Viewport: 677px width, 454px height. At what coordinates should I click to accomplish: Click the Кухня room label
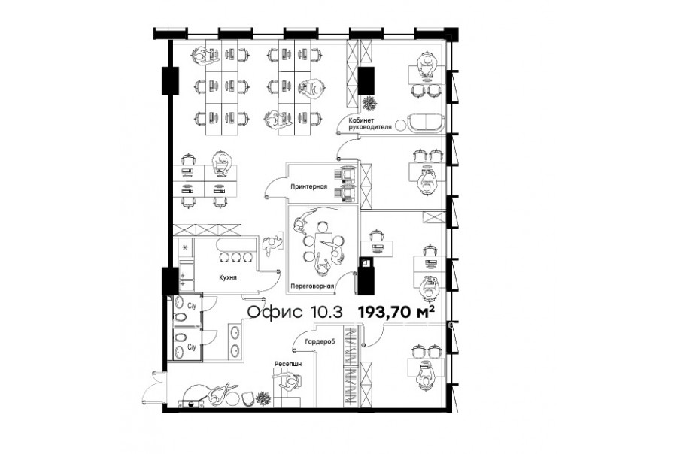coord(227,277)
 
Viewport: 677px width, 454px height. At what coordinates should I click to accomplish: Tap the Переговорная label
coord(313,286)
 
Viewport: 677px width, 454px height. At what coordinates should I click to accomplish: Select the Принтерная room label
coord(308,187)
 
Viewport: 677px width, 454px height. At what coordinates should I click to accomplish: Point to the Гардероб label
coord(320,341)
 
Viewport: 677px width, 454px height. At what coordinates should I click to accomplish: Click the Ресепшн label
coord(288,364)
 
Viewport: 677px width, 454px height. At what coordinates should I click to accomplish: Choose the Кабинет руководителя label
coord(370,123)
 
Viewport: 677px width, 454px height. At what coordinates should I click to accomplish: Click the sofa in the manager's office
coord(426,123)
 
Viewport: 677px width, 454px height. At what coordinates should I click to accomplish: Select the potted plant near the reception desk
coord(263,398)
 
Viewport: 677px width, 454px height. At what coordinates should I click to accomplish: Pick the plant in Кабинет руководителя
coord(369,104)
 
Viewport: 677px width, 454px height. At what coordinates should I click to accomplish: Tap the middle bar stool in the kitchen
coord(235,258)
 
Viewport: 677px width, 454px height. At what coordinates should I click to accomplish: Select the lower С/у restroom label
coord(192,347)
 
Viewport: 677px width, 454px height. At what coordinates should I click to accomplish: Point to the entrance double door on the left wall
coord(154,387)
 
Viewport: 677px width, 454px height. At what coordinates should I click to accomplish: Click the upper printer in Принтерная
coord(346,174)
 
